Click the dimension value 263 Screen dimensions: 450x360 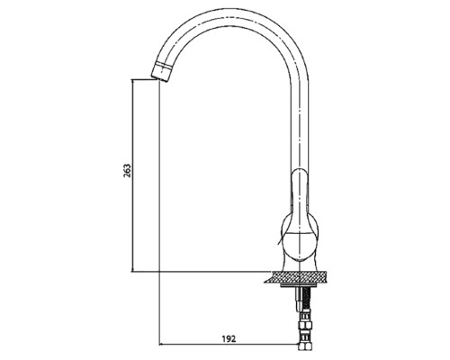pos(128,170)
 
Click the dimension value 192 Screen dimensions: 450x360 pos(229,339)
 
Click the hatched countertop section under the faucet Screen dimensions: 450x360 pos(295,277)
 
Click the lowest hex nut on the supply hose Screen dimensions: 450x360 pos(305,345)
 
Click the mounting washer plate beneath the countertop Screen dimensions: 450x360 pos(296,285)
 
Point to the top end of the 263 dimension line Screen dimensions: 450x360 pos(132,79)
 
